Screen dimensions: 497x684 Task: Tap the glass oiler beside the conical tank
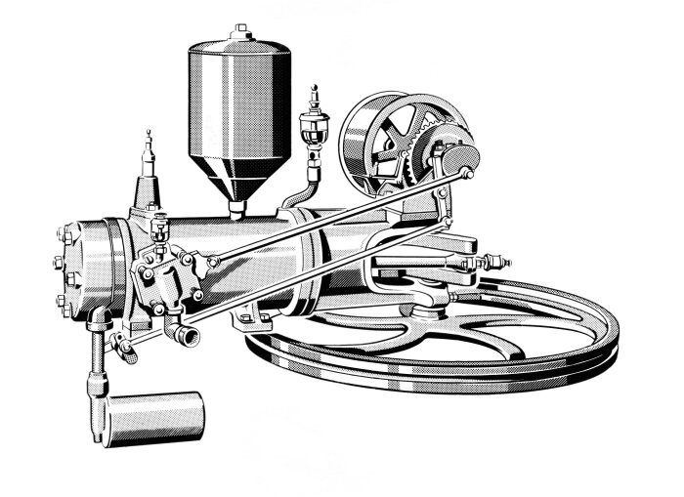tap(315, 128)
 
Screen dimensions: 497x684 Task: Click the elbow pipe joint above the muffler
tap(99, 319)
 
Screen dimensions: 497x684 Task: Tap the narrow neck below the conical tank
tap(236, 205)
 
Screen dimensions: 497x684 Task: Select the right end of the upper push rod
tap(467, 173)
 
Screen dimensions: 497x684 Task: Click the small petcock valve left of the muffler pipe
tap(121, 344)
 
